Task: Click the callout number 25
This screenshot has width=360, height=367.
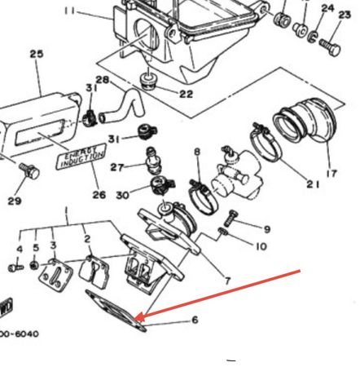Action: pos(36,55)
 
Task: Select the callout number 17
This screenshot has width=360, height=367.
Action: pos(331,173)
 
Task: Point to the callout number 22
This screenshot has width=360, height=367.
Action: pos(187,95)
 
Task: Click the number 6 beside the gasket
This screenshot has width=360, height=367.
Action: pos(195,321)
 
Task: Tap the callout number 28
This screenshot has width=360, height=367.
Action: pos(103,80)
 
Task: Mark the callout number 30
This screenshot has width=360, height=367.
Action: pos(124,196)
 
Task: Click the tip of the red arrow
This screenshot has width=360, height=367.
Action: pos(138,318)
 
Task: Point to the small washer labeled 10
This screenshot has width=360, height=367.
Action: pos(224,236)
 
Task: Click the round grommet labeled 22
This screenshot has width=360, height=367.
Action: pos(149,80)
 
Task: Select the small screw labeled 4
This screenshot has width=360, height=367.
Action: pos(14,267)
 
